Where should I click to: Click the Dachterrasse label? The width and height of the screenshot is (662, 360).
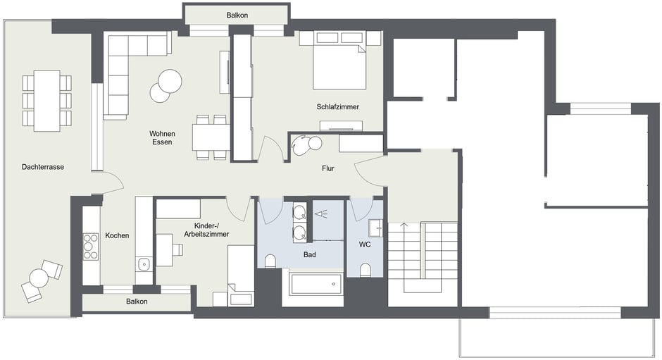tap(43, 167)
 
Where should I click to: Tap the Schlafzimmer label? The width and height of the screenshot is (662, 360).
tap(338, 107)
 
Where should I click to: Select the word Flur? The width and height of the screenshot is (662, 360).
tap(328, 168)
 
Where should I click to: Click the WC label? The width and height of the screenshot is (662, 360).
tap(365, 244)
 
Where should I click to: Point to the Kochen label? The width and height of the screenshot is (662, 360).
tap(117, 235)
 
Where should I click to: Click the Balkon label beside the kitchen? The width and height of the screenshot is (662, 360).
tap(137, 302)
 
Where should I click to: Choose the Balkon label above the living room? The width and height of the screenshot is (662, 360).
tap(237, 15)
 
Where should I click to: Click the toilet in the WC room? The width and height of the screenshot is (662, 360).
tap(366, 270)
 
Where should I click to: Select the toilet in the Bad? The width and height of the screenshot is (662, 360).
tap(270, 261)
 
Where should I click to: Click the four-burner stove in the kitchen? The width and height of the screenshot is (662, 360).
tap(90, 247)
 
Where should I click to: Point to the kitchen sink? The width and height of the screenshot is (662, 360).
tap(144, 264)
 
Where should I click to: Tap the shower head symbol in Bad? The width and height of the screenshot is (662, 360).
tap(322, 214)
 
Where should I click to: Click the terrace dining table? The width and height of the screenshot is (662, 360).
tap(47, 101)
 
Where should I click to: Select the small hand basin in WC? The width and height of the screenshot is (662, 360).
tap(375, 228)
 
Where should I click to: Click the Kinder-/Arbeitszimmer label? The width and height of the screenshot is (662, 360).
tap(206, 230)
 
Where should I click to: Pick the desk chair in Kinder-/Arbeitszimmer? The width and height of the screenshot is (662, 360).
tap(177, 250)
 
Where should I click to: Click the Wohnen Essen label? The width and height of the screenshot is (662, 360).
tap(162, 138)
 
